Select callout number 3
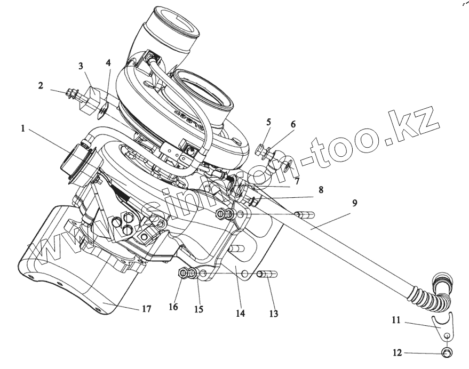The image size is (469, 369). tap(81, 67)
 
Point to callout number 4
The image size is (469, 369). tap(109, 62)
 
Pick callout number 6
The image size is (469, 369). tap(292, 124)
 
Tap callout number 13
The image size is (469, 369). tap(274, 314)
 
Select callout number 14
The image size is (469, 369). tap(240, 314)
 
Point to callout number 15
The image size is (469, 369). tap(198, 309)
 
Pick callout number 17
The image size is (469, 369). tap(146, 309)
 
